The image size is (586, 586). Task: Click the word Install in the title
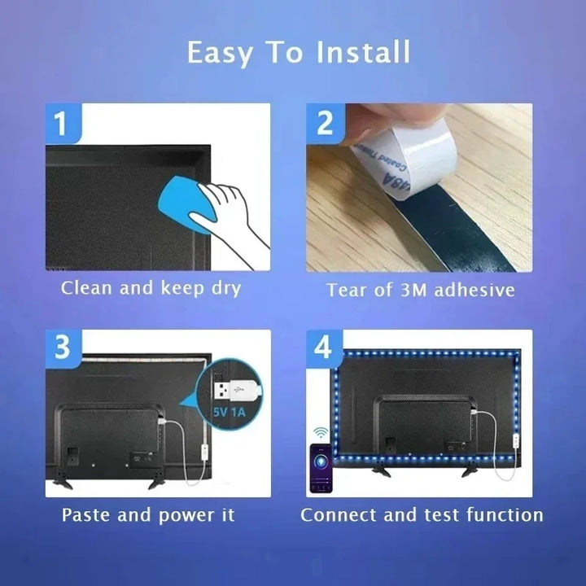tap(362, 53)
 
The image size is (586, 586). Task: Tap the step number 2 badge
tap(325, 124)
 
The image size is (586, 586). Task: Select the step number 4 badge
tap(324, 348)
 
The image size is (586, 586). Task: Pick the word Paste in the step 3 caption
tap(86, 514)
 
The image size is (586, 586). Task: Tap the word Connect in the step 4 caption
tap(337, 514)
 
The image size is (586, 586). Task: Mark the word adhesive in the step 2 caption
tap(474, 290)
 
